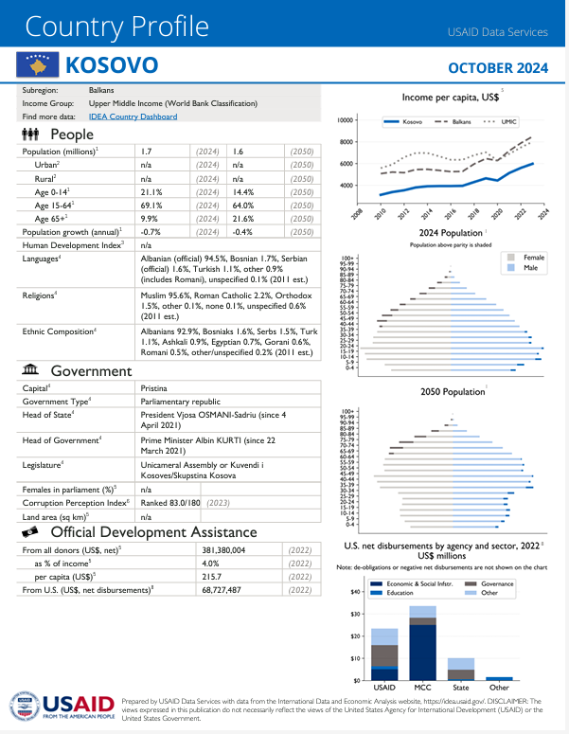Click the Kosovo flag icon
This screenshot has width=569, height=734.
[x=37, y=66]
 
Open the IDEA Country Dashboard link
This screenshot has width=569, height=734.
[x=133, y=116]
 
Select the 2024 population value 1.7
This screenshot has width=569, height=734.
[x=147, y=152]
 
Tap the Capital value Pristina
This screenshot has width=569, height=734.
[x=154, y=388]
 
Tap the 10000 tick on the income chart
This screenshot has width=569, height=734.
[x=346, y=120]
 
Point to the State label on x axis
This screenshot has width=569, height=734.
[x=460, y=687]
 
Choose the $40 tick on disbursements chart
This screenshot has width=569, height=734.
[x=355, y=618]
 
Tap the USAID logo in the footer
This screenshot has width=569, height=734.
[x=62, y=706]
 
